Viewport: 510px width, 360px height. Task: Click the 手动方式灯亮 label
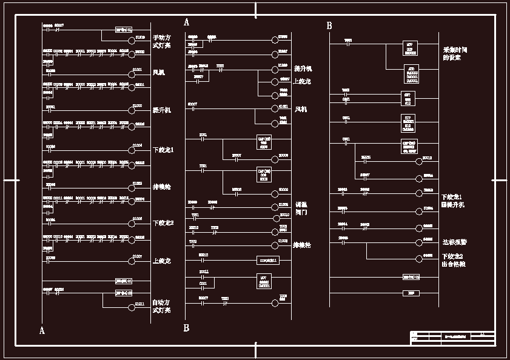click(x=161, y=41)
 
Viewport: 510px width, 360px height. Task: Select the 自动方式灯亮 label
click(x=161, y=306)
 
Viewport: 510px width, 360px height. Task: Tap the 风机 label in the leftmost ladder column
click(x=159, y=72)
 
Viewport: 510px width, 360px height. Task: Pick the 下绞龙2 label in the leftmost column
click(x=163, y=223)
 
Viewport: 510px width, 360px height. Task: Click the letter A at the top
click(x=186, y=22)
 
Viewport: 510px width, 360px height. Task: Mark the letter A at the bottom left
click(x=42, y=331)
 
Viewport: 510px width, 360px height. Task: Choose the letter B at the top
click(x=329, y=26)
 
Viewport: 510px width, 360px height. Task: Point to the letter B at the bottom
click(x=186, y=328)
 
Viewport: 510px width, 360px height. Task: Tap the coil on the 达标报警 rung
click(x=418, y=240)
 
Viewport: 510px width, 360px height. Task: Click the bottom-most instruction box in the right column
click(x=411, y=293)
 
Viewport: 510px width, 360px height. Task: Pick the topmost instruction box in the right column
click(x=411, y=48)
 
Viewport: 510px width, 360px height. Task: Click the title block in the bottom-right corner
click(x=452, y=338)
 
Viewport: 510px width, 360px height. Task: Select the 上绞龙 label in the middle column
click(x=302, y=81)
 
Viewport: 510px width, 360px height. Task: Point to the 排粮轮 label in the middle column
click(x=302, y=245)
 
